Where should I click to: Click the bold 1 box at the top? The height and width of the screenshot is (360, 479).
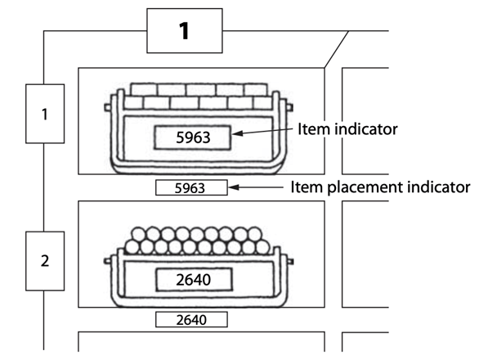[185, 30]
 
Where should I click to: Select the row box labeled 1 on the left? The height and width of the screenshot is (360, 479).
[45, 114]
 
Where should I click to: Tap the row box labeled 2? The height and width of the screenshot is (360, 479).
[45, 261]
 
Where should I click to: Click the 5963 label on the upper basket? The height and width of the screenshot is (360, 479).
[192, 137]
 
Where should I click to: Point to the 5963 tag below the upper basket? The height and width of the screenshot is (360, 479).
[191, 187]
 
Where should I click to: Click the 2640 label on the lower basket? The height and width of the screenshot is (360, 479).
[194, 280]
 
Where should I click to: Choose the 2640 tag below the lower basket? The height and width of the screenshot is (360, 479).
[191, 320]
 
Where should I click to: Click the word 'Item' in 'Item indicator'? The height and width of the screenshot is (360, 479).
[314, 128]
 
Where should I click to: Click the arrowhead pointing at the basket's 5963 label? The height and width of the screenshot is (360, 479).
[237, 133]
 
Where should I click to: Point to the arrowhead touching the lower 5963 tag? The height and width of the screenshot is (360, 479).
[234, 187]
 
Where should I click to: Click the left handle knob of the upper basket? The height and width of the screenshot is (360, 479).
[108, 107]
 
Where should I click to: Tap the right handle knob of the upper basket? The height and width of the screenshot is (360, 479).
[290, 107]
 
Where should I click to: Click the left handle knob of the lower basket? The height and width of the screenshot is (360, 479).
[107, 261]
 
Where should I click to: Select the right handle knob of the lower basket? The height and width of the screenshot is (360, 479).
[290, 262]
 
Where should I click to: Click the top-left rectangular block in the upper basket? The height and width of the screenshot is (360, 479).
[144, 89]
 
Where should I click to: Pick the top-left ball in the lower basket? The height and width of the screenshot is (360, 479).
[138, 234]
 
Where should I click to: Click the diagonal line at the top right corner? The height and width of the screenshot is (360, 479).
[336, 49]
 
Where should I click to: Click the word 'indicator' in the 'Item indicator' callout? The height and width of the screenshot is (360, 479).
[366, 128]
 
